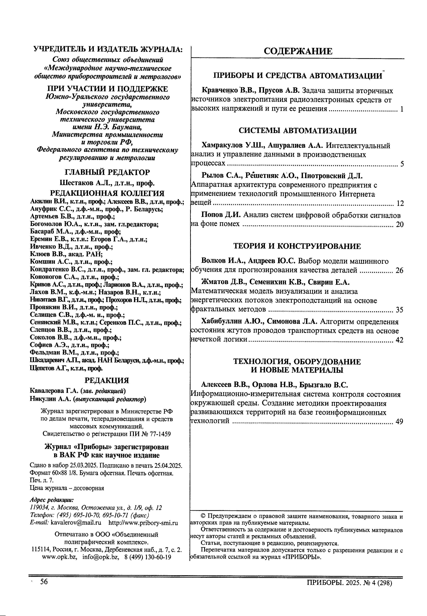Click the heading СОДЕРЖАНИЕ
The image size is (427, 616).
298,51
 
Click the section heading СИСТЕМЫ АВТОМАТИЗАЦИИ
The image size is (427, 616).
298,131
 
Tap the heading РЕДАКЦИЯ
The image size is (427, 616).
107,380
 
